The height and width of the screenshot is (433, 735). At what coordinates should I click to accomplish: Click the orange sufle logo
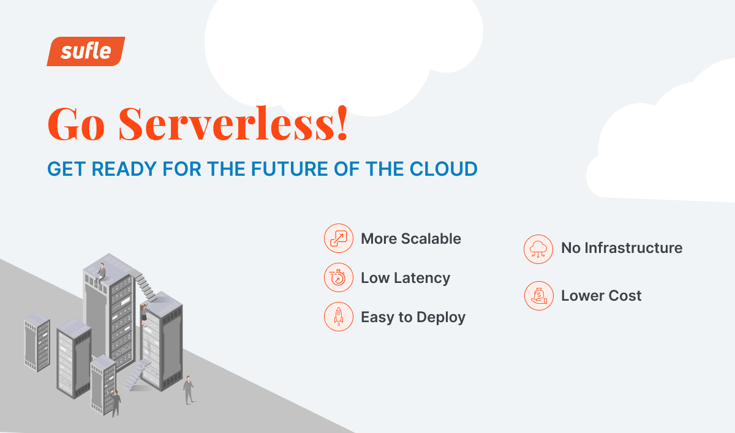click(86, 51)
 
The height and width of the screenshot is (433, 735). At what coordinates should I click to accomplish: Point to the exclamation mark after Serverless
click(342, 123)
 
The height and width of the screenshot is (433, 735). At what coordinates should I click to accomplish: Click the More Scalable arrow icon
click(339, 238)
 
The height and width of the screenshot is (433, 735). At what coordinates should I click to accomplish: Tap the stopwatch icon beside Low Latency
click(339, 277)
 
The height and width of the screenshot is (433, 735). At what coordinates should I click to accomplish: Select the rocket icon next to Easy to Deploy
click(339, 317)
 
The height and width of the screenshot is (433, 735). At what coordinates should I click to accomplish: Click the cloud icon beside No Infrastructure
click(538, 249)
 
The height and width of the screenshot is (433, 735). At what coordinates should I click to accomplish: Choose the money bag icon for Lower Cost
click(538, 296)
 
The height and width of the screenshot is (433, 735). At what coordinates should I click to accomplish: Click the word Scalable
click(431, 238)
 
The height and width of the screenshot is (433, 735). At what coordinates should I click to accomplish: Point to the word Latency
click(421, 279)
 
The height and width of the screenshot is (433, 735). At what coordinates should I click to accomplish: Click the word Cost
click(625, 296)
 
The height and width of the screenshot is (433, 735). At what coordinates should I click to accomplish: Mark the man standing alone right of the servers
click(189, 390)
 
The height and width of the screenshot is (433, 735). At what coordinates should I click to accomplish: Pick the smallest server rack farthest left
click(37, 342)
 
